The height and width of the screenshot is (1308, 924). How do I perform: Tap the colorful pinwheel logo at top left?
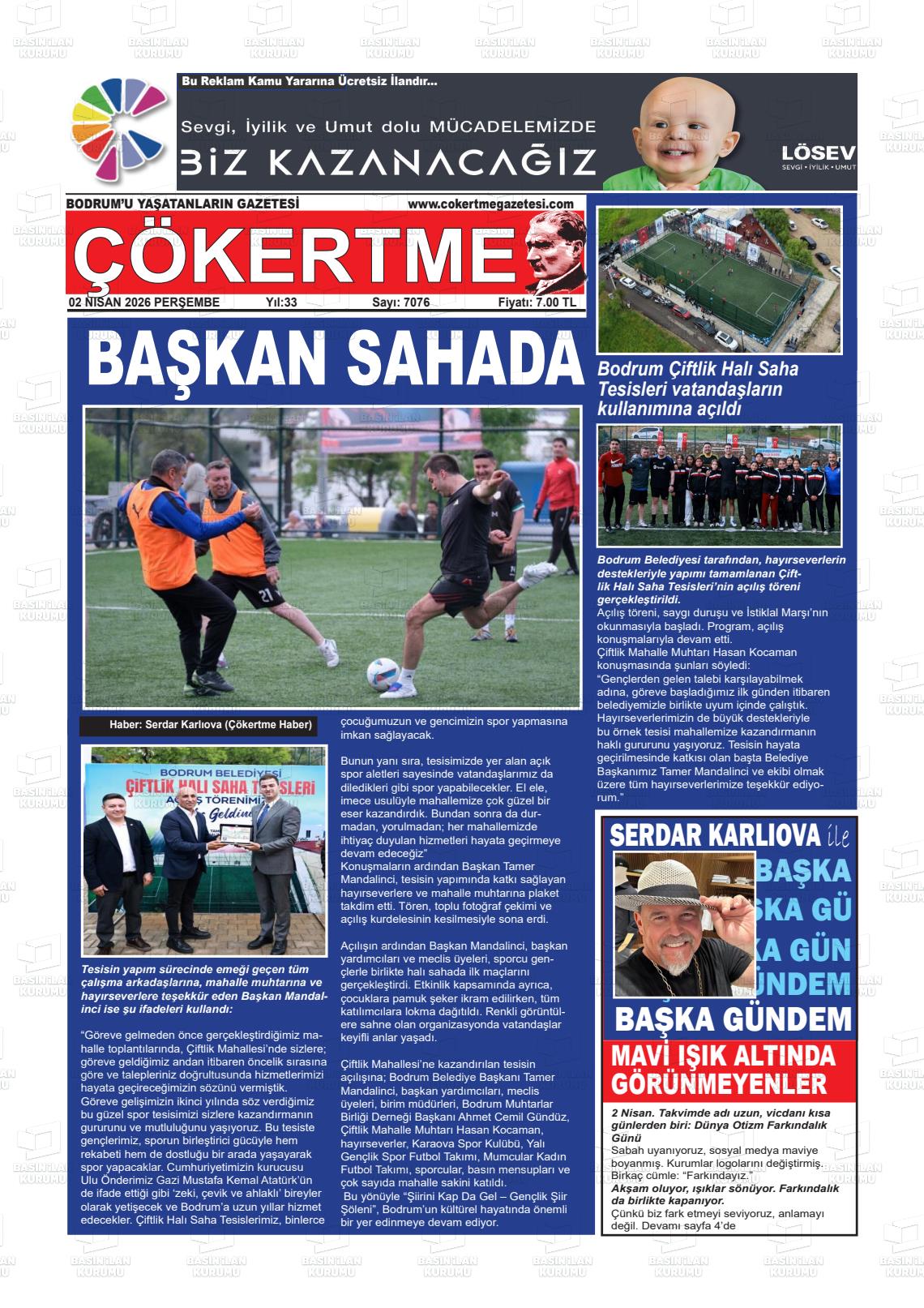(x=119, y=131)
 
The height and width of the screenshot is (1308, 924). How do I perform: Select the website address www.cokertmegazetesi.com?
(x=490, y=204)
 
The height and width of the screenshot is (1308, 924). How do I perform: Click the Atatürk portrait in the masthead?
(x=554, y=251)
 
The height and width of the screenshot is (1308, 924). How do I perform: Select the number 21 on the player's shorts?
(x=266, y=595)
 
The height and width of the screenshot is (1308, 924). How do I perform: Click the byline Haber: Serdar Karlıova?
(x=210, y=725)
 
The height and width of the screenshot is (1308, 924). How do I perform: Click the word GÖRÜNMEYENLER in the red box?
(x=719, y=1083)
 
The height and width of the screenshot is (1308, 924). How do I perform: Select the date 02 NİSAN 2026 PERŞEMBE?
(x=144, y=302)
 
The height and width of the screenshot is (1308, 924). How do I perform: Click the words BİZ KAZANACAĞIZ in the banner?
(x=388, y=162)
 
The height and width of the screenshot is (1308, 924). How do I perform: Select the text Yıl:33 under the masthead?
(x=281, y=302)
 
